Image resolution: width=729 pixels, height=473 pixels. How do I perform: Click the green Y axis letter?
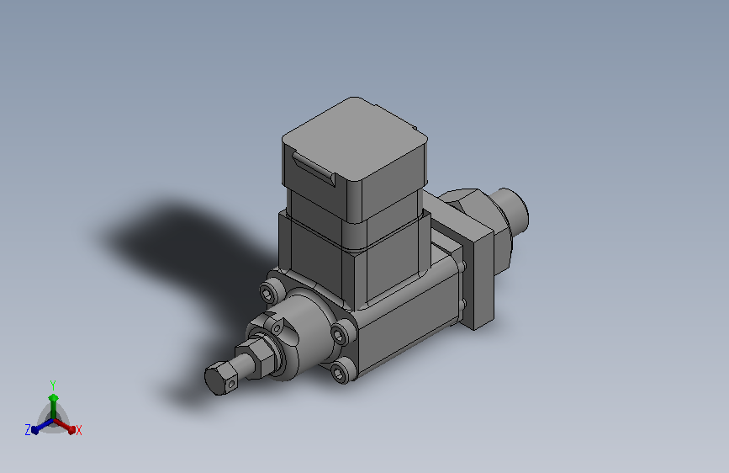(53, 385)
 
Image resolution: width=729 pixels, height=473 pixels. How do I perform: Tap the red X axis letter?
(78, 430)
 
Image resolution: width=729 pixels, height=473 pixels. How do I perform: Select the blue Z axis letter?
(28, 430)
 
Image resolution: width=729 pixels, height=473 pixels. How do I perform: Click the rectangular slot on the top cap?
(314, 169)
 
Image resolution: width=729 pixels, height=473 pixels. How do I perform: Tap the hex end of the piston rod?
(221, 378)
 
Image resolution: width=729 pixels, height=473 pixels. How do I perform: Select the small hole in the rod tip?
(231, 384)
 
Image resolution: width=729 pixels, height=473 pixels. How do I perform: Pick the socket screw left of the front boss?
(267, 293)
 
